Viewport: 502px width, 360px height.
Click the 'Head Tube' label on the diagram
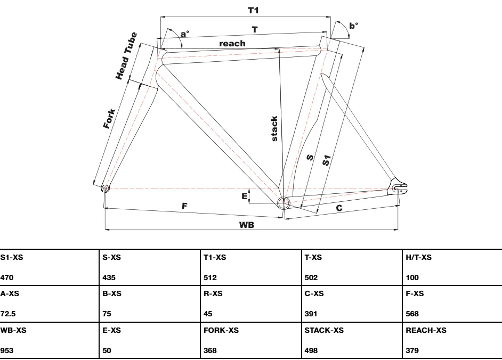click(127, 56)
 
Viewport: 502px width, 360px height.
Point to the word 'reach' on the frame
click(232, 43)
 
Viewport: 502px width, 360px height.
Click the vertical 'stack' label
click(274, 128)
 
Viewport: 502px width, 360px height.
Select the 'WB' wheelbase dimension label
click(246, 225)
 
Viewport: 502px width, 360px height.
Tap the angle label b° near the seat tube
click(353, 26)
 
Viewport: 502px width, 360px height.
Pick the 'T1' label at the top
click(254, 10)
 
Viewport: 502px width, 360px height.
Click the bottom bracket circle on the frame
click(282, 202)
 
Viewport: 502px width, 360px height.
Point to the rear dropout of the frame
click(399, 187)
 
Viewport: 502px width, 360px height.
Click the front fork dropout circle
click(104, 188)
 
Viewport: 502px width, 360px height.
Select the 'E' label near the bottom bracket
click(245, 197)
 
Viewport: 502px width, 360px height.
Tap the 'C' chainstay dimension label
click(339, 208)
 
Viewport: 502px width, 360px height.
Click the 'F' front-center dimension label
click(185, 206)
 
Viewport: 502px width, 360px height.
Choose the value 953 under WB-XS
click(7, 350)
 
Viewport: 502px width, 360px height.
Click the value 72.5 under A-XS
click(9, 314)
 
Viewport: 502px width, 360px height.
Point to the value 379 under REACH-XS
click(412, 350)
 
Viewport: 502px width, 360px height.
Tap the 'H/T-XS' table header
click(419, 258)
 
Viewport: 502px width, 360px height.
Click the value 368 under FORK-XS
click(210, 350)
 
